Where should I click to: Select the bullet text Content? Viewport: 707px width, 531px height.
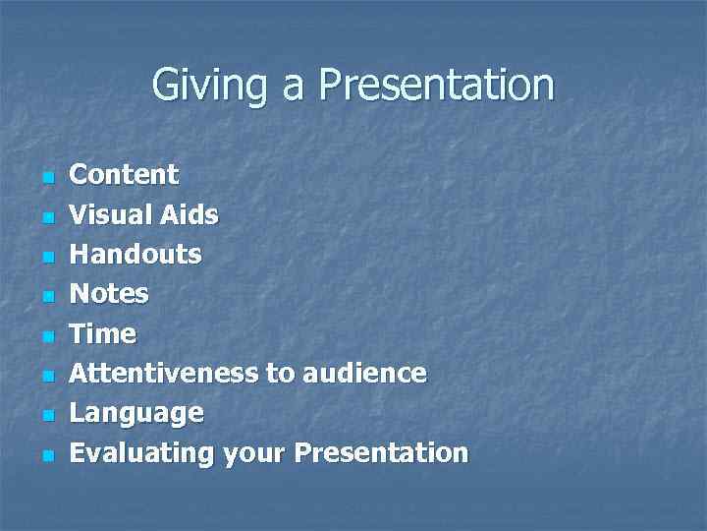point(124,175)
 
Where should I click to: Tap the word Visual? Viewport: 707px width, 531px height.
point(109,214)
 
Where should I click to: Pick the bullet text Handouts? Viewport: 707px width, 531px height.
point(135,255)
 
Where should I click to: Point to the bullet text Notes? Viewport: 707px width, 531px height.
point(109,294)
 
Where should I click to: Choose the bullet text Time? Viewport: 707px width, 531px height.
point(102,334)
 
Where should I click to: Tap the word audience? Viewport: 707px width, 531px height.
point(364,374)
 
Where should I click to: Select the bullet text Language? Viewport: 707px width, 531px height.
point(136,414)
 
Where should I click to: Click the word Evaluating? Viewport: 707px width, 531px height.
point(141,453)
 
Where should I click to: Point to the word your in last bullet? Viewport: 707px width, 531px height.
point(254,453)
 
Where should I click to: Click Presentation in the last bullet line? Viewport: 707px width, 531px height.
point(381,453)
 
